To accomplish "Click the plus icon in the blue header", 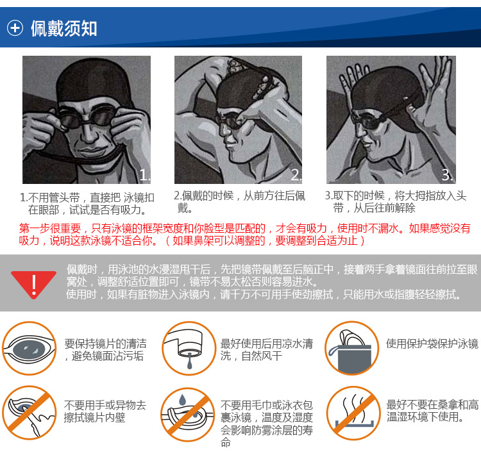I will tap(15, 28).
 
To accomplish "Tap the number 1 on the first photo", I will tap(144, 175).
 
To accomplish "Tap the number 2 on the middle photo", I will tap(296, 175).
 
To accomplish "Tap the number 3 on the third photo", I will tap(448, 175).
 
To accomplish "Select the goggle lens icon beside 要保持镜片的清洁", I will tap(30, 348).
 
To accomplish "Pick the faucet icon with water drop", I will tap(187, 348).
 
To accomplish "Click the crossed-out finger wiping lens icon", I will tap(30, 412).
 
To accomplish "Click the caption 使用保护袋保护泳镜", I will tap(432, 344).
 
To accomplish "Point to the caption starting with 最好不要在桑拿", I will tap(432, 411).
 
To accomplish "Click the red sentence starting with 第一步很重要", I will tap(244, 234).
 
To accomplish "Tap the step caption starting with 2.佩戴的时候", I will tap(239, 201).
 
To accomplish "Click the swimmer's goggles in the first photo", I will tap(87, 122).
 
